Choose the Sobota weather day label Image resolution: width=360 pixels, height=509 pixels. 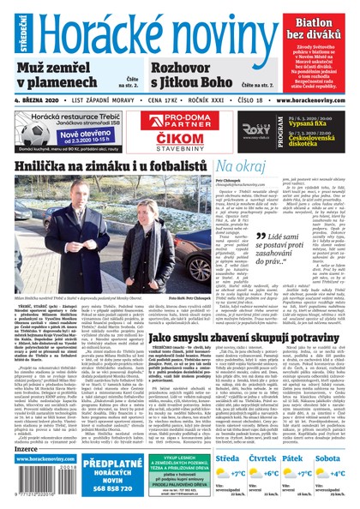(x=333, y=458)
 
